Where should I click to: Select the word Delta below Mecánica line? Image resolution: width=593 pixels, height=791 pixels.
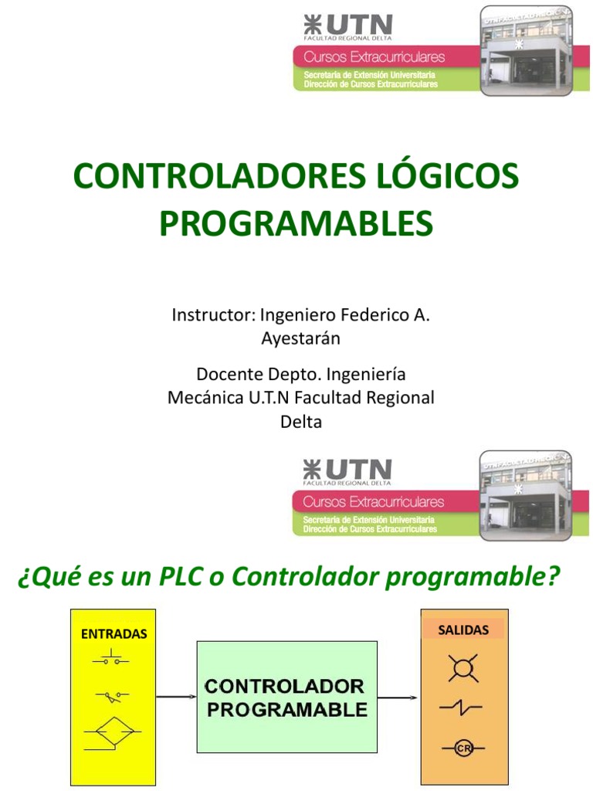coord(300,422)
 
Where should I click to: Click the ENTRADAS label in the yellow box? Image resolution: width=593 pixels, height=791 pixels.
coord(114,634)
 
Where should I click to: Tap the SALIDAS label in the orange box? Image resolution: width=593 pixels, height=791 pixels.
coord(463,630)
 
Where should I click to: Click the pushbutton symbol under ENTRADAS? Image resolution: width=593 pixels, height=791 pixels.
coord(113,659)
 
